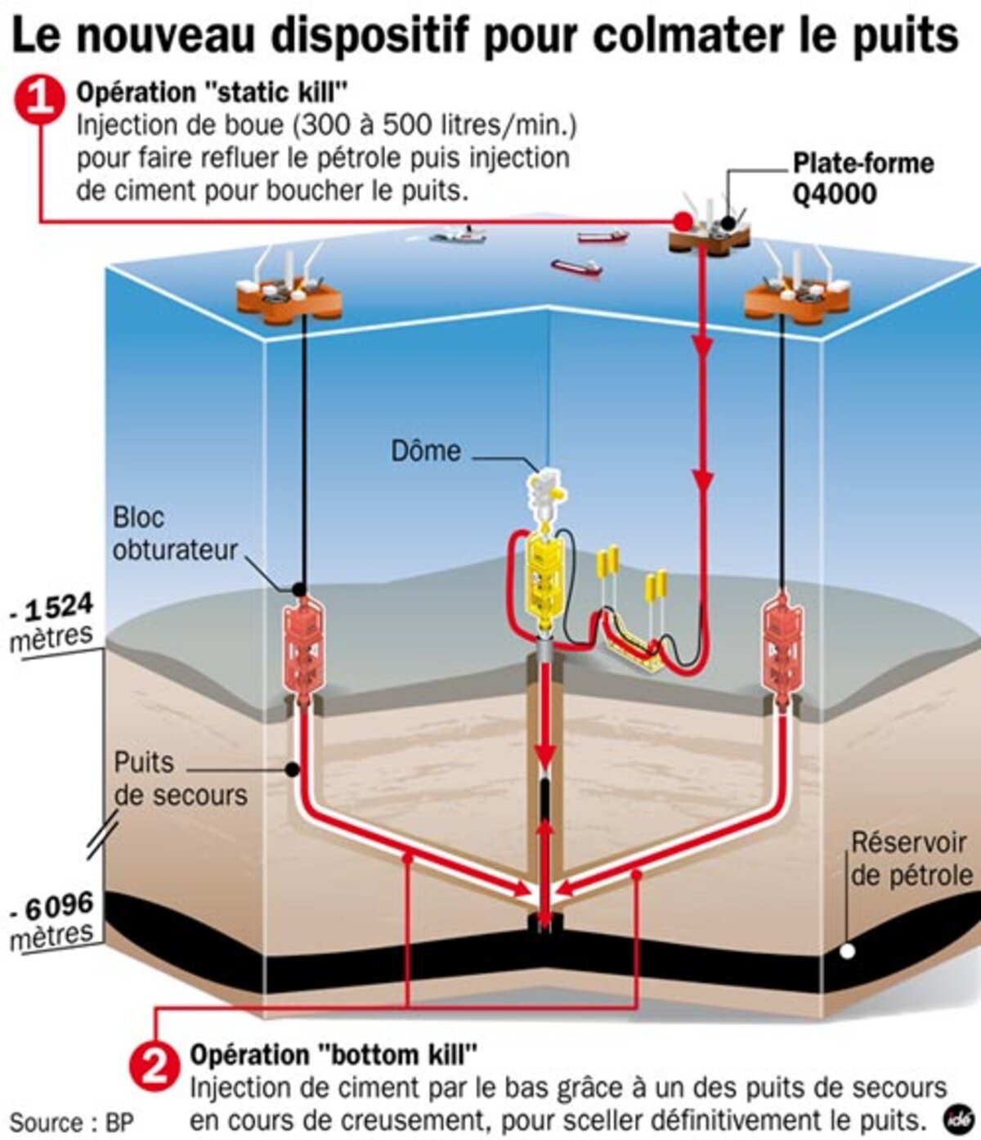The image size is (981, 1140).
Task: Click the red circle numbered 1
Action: (x=39, y=99)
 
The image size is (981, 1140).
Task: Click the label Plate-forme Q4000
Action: (x=862, y=178)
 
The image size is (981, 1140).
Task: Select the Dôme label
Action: (x=425, y=451)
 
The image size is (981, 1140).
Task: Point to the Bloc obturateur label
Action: (x=174, y=533)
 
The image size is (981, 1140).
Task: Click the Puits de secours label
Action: (x=180, y=779)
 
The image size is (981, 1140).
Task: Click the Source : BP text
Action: (x=72, y=1121)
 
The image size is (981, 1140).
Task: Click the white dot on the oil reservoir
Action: (x=848, y=951)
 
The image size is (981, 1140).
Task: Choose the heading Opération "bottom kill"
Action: (x=334, y=1055)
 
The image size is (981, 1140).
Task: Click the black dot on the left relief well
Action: (x=292, y=769)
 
